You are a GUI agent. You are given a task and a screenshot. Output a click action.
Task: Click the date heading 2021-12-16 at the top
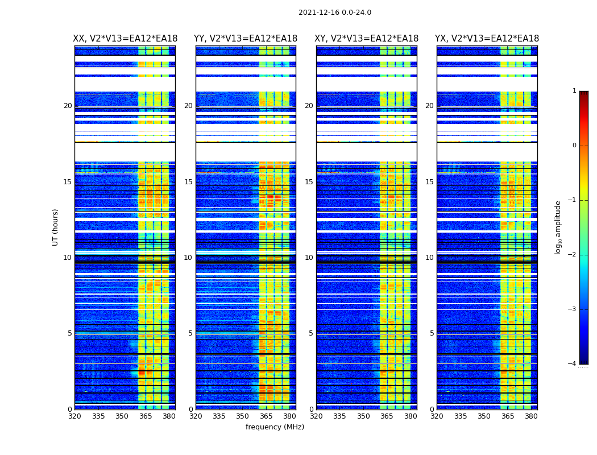tap(334, 13)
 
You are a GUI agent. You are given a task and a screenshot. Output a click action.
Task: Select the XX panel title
tap(125, 39)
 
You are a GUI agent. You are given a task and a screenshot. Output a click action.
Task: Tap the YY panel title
tap(246, 39)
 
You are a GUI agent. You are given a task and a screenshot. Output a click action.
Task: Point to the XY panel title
tap(367, 39)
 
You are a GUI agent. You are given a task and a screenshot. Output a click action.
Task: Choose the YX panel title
tap(487, 39)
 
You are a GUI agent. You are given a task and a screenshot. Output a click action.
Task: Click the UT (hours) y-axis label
tap(56, 227)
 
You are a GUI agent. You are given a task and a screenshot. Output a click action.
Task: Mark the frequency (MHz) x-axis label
tap(275, 427)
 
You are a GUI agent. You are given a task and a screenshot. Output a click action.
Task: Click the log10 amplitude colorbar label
tap(558, 227)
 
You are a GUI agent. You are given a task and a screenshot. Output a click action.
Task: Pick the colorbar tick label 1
tap(574, 91)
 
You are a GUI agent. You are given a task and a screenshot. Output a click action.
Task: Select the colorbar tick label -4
tap(573, 364)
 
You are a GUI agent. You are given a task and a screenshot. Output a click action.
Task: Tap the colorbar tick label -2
tap(573, 255)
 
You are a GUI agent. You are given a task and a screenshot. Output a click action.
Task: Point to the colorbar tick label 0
tap(574, 146)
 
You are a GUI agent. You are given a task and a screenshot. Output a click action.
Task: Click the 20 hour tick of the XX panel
tap(68, 106)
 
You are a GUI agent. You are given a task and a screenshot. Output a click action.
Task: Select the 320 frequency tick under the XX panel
tap(74, 416)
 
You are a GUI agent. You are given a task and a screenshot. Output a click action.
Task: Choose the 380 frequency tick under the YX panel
tap(531, 416)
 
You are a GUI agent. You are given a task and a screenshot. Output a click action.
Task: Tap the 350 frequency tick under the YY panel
tap(243, 416)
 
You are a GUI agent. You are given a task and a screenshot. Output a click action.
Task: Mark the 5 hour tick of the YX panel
tap(432, 333)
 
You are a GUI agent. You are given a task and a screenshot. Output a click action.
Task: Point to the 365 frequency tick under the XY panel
tap(387, 416)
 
